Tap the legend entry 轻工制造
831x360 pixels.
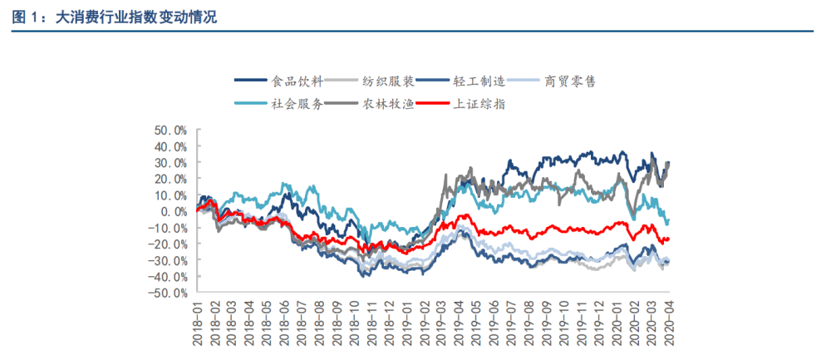(479, 81)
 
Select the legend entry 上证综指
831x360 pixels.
(479, 104)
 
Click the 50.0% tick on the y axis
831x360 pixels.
(170, 131)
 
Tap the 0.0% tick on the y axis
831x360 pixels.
(173, 211)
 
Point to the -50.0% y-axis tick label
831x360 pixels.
(167, 293)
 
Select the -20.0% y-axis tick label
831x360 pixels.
(167, 244)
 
